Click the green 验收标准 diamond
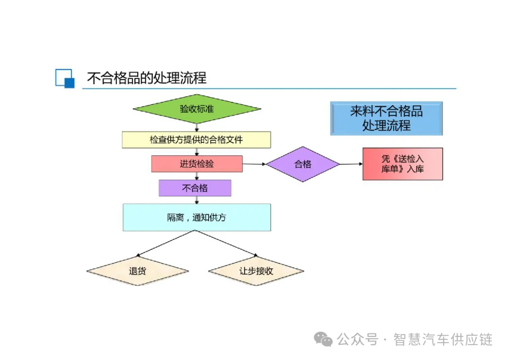(x=197, y=109)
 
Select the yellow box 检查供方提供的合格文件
(x=197, y=140)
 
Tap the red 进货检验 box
(x=197, y=164)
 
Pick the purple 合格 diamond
(x=303, y=164)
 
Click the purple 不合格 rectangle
(x=195, y=188)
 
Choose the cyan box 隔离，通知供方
(x=197, y=217)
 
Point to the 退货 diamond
(x=137, y=271)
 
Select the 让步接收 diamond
(x=256, y=271)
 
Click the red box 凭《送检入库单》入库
(x=402, y=164)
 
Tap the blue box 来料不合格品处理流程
(x=386, y=118)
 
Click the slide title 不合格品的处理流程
(x=147, y=78)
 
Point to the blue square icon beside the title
(x=65, y=78)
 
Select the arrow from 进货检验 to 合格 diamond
(x=254, y=164)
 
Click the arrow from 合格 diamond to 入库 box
(x=351, y=164)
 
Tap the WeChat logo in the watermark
(x=324, y=339)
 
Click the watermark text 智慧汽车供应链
(x=443, y=339)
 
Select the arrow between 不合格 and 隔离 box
(x=197, y=200)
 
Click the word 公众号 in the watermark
(x=358, y=339)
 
